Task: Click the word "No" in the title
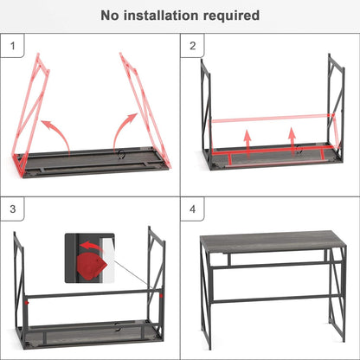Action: [x=111, y=15]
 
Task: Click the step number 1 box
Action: [x=12, y=45]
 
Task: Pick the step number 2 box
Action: [x=192, y=45]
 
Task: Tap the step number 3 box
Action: [x=12, y=210]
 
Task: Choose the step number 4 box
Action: [x=192, y=210]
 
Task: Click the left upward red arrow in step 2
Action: [x=247, y=138]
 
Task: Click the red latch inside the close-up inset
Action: [x=89, y=262]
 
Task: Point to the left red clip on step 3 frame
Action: [x=28, y=300]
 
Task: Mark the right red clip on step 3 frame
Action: [x=157, y=296]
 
